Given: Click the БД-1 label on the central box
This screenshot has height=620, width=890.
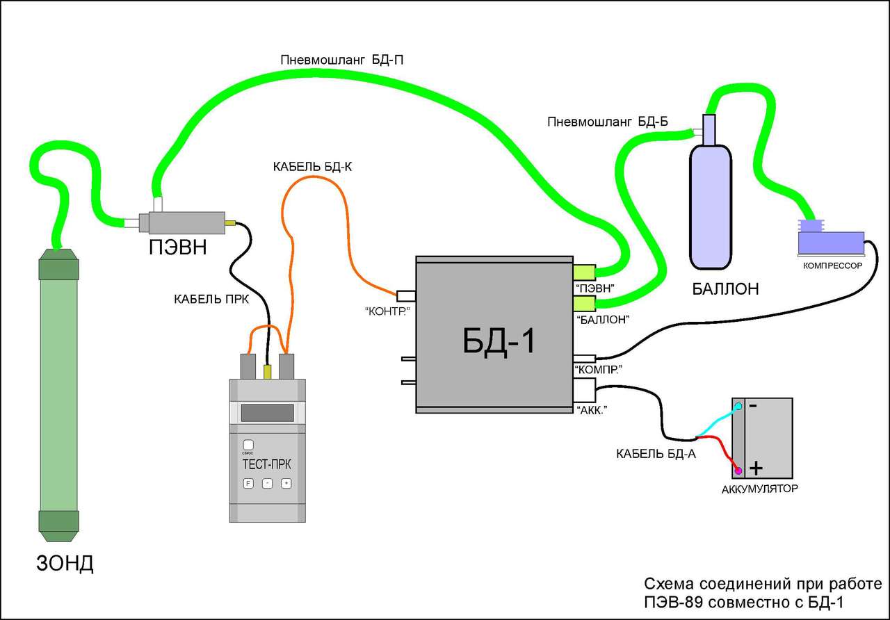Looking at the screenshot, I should coord(500,340).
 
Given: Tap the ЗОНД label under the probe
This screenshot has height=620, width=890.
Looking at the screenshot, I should coord(65,562).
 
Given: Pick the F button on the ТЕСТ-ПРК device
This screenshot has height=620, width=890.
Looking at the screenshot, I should coord(248,483).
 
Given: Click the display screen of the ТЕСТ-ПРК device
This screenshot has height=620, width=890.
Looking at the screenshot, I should coord(267,413).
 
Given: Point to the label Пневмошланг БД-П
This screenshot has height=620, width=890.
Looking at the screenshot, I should coord(342,60).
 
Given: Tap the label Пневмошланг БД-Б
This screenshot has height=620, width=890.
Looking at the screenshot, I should coord(608,123).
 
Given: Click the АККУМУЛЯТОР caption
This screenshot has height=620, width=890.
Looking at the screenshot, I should coord(760,489).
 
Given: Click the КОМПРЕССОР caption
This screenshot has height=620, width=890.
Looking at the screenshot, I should coord(832,266).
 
